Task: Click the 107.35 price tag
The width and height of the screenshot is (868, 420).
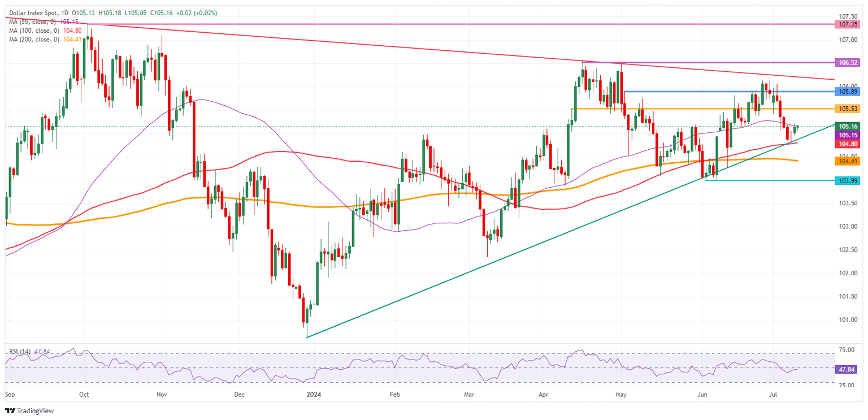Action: tap(849, 24)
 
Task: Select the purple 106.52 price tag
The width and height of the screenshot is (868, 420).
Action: tap(849, 62)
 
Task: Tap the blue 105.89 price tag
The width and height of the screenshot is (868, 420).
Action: tap(849, 91)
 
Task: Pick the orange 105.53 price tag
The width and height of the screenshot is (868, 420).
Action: tap(849, 108)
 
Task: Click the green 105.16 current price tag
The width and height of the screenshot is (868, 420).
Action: tap(849, 127)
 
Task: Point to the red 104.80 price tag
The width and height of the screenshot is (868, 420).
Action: tap(849, 144)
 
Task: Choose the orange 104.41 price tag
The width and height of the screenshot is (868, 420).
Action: tap(849, 161)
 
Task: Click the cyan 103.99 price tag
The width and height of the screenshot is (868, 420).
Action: tap(849, 180)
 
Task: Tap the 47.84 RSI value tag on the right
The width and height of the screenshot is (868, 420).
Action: tap(849, 369)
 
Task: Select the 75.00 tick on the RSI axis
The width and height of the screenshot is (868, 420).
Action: tap(847, 350)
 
